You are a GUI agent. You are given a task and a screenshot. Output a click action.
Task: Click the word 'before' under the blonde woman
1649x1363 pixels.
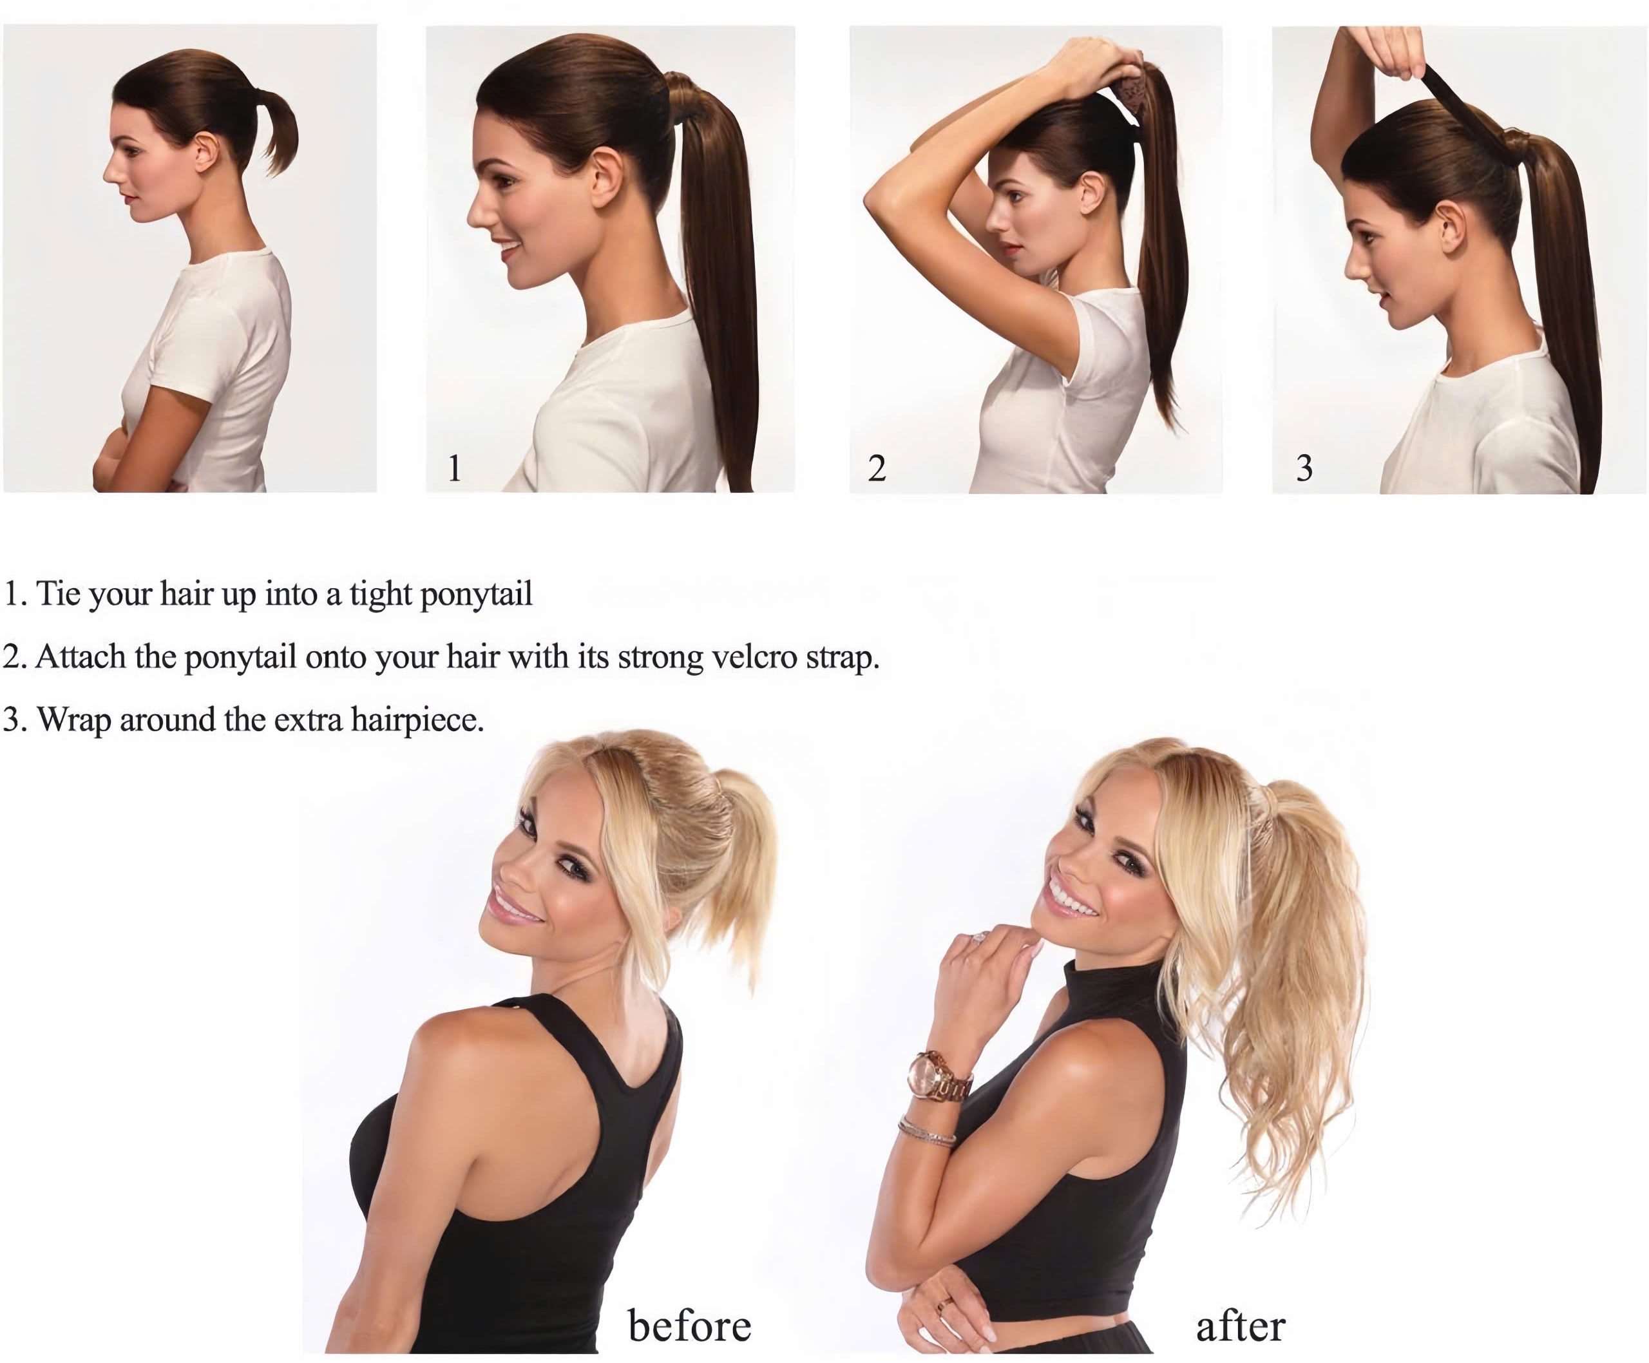click(x=689, y=1325)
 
